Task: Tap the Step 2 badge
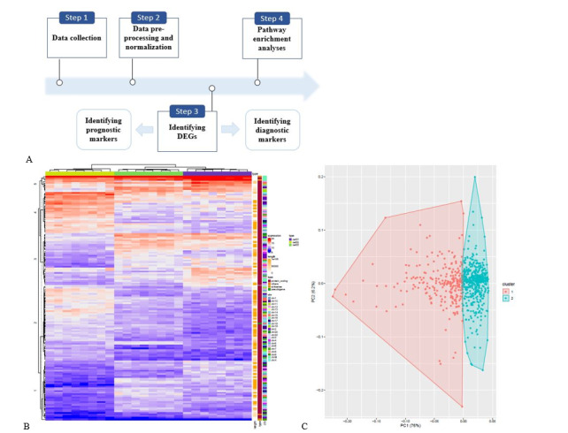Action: (147, 18)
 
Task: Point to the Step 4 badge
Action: (271, 19)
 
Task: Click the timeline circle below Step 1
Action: (59, 83)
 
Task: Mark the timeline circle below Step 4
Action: (257, 83)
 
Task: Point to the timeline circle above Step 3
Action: (211, 88)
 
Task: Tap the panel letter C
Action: (305, 426)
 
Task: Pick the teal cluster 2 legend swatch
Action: (506, 289)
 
